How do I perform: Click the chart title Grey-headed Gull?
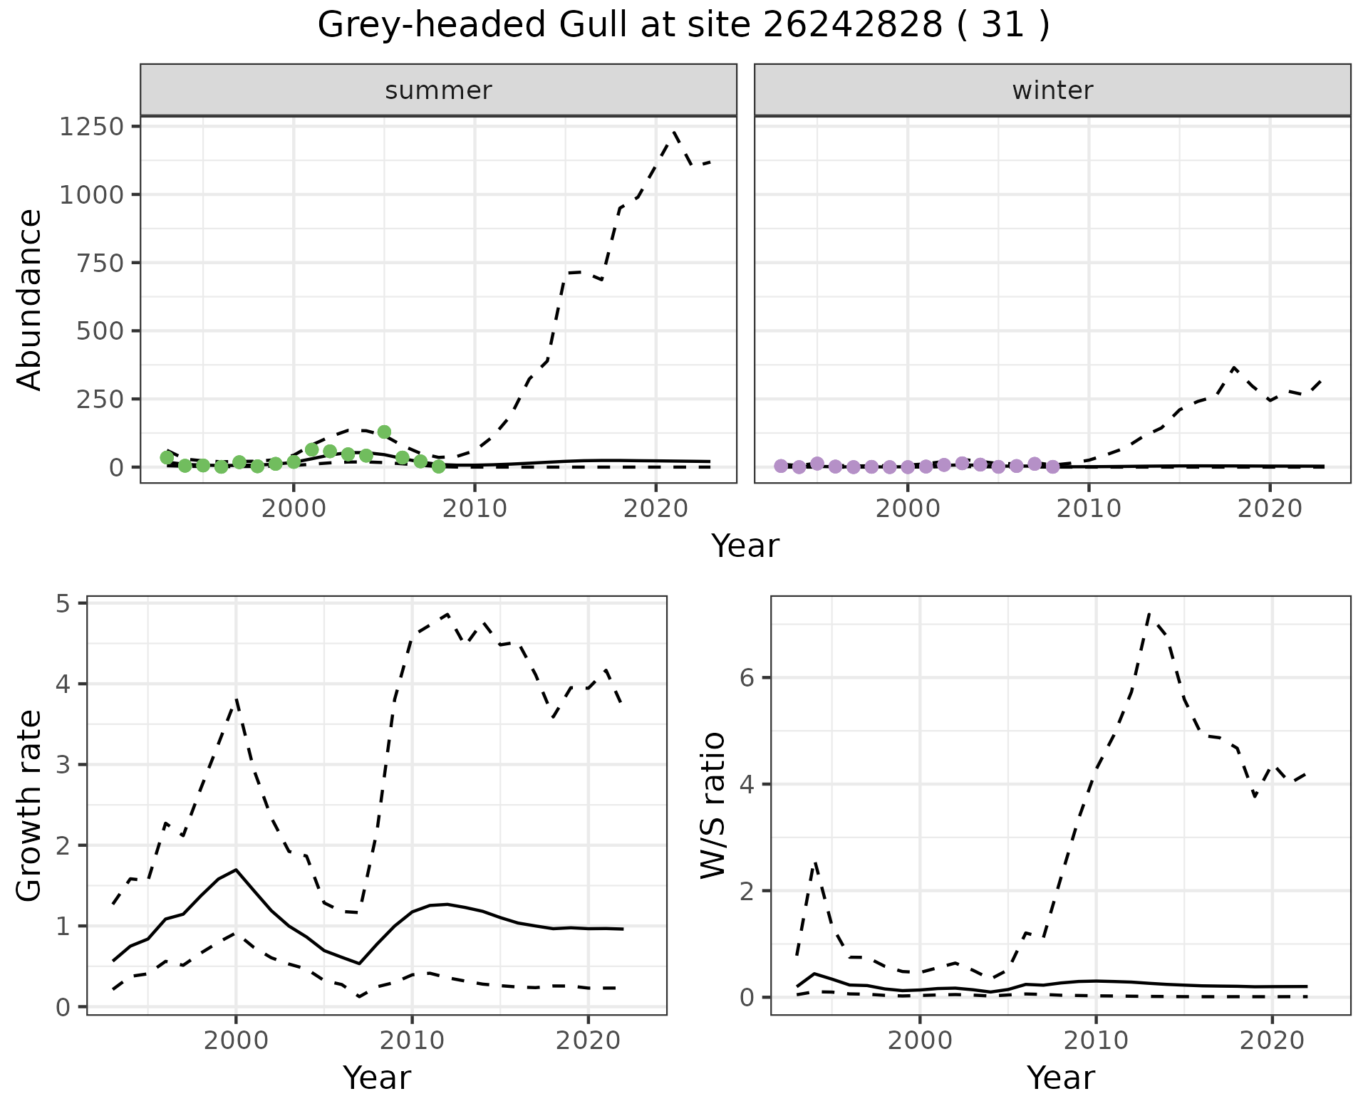[x=683, y=26]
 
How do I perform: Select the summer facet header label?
[x=438, y=90]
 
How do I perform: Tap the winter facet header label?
[x=1052, y=90]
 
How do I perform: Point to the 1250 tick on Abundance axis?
[x=91, y=127]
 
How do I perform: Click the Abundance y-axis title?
[x=30, y=300]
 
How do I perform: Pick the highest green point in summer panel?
[x=384, y=432]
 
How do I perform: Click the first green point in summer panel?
[x=167, y=457]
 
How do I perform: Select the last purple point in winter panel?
[x=1052, y=466]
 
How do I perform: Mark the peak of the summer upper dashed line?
[x=673, y=131]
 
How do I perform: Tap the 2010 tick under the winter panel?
[x=1089, y=508]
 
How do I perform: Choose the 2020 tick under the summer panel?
[x=655, y=508]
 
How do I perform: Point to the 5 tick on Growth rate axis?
[x=69, y=604]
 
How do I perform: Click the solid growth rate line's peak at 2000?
[x=236, y=870]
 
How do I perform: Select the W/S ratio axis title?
[x=713, y=805]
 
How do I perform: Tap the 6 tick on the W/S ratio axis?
[x=746, y=677]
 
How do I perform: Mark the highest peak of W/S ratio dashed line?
[x=1149, y=612]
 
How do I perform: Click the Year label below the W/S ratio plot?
[x=1060, y=1078]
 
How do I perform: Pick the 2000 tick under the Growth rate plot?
[x=236, y=1040]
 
